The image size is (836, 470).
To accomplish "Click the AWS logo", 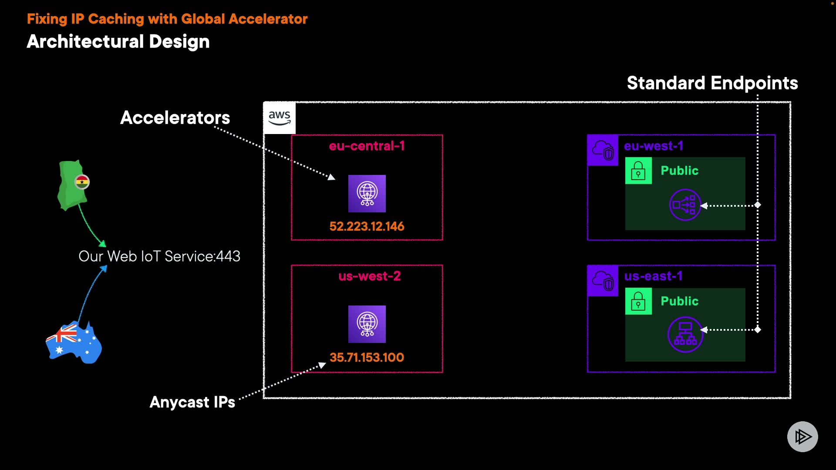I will coord(279,118).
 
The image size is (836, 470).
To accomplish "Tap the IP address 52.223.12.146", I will coord(367,226).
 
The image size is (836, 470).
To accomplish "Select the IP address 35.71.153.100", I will coord(367,357).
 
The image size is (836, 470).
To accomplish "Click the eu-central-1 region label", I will coord(367,146).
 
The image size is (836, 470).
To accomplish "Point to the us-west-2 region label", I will coord(369,276).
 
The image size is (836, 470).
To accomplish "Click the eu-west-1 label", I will coord(653,146).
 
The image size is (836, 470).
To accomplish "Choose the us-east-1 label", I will coord(653,276).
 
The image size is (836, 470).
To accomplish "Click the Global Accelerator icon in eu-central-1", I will coord(367,194).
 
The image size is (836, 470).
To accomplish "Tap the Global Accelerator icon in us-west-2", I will coord(367,324).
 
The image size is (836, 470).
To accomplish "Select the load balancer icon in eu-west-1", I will coord(684,205).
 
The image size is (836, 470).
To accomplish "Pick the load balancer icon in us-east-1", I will coord(685,334).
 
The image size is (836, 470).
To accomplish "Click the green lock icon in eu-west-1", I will coord(638,171).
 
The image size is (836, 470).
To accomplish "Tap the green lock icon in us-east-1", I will coord(638,301).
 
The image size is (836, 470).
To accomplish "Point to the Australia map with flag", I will coord(74,343).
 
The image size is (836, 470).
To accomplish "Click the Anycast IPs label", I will coord(192,402).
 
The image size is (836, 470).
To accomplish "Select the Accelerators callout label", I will coord(175,117).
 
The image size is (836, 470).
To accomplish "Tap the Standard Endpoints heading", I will coord(712,83).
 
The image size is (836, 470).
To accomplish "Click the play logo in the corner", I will coord(802,436).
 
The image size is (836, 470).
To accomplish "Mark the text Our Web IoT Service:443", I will coord(159,256).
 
